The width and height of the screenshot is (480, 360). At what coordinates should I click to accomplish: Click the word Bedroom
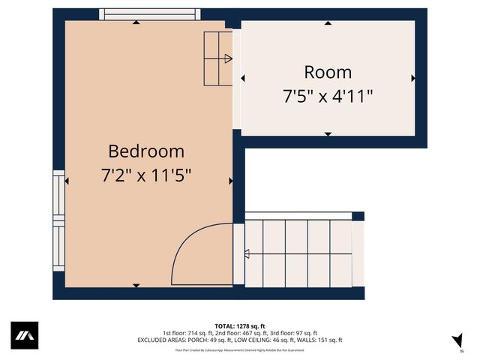(146, 151)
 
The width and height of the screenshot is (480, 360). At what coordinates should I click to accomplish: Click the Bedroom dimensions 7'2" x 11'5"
(146, 176)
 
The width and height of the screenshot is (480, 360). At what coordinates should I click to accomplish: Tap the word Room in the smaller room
(328, 72)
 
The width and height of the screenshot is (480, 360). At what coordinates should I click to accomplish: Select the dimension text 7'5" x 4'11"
(328, 96)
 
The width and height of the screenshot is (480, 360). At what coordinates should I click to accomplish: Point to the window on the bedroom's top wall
(150, 13)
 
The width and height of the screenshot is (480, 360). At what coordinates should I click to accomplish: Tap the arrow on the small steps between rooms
(228, 58)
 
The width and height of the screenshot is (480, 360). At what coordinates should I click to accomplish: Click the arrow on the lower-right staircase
(247, 254)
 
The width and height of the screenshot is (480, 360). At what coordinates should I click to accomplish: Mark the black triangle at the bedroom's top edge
(136, 22)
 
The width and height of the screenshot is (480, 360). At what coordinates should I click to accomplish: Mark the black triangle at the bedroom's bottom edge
(136, 285)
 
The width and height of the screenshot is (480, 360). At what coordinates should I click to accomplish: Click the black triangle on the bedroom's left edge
(67, 181)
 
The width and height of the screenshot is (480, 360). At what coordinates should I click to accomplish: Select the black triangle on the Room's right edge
(412, 77)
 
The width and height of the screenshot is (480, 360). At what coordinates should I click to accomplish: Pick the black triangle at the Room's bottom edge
(328, 133)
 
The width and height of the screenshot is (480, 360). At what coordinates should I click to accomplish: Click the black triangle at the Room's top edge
(328, 23)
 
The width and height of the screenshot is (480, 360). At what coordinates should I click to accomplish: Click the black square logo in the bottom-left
(24, 335)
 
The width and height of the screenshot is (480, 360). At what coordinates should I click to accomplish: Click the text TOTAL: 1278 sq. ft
(239, 326)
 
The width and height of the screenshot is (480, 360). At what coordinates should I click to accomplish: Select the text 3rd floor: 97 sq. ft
(293, 333)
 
